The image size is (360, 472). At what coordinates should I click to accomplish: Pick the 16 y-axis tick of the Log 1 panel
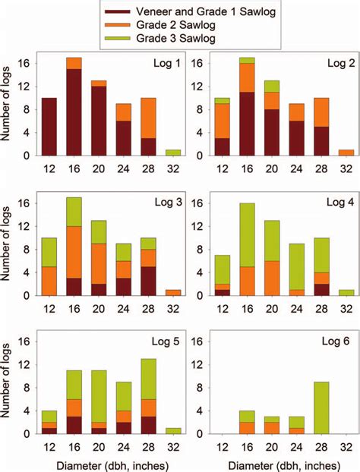(28, 63)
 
